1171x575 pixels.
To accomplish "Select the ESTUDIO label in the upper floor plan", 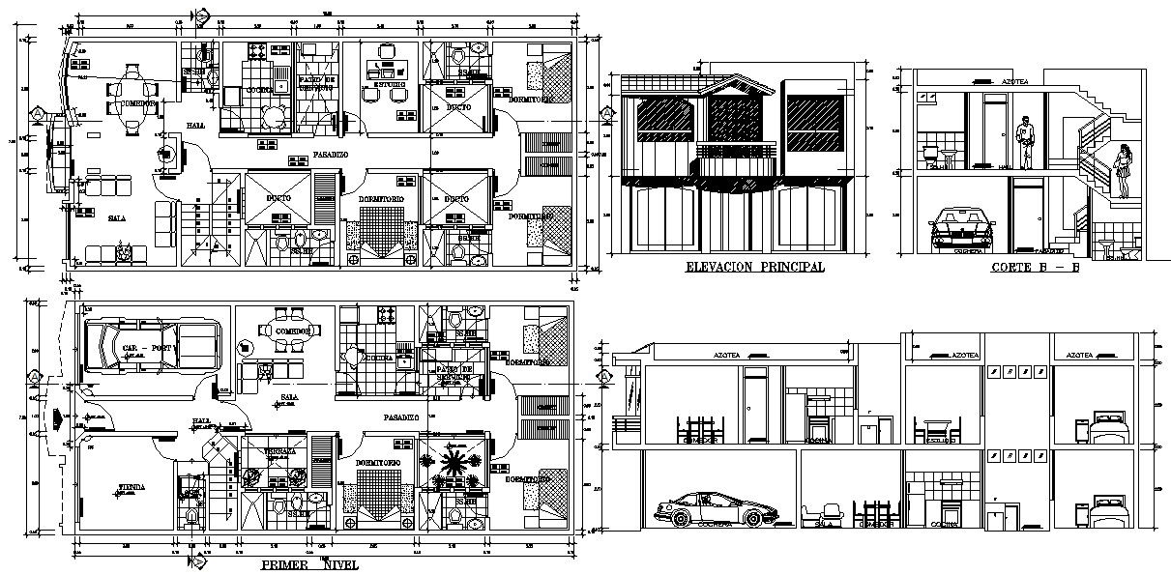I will point(384,85).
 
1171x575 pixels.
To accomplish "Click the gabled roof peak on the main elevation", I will point(740,83).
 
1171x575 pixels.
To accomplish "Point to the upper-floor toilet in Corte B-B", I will point(931,153).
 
